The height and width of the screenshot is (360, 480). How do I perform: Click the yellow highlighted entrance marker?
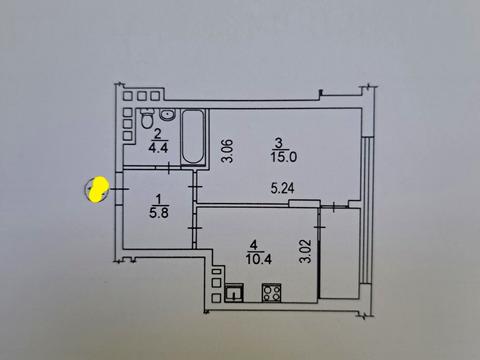(x=98, y=189)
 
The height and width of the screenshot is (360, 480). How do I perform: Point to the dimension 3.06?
(x=227, y=150)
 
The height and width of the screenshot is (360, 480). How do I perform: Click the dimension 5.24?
(x=283, y=187)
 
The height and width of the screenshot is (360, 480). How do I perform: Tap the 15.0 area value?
(x=282, y=154)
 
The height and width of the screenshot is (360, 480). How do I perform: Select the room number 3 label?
(x=282, y=141)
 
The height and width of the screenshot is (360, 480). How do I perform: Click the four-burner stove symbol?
(x=271, y=292)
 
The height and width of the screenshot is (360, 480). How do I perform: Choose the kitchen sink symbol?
(x=235, y=293)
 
